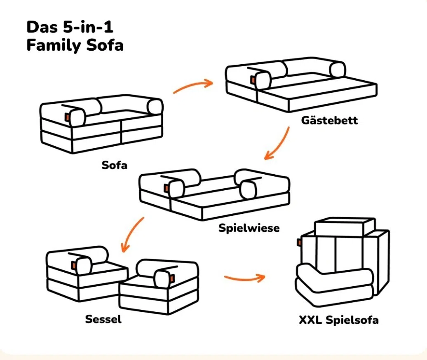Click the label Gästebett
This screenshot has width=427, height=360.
pos(329,120)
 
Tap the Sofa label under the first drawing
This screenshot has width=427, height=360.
pos(115,165)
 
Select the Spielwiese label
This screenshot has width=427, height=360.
pos(249,228)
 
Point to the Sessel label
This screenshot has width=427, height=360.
pos(103,319)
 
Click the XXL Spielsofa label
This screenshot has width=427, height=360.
pos(339,320)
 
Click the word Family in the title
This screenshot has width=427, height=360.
pos(54,45)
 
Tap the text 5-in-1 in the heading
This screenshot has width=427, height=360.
pos(88,27)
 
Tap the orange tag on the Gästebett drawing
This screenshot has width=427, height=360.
pos(253,80)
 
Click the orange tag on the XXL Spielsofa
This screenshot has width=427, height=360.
pos(299,243)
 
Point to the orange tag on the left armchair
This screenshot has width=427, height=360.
pos(74,265)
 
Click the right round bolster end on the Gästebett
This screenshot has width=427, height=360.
pos(338,70)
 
